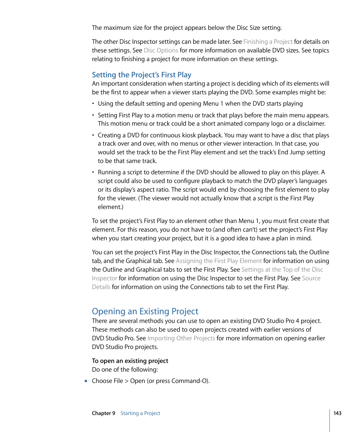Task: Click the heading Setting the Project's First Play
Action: pos(142,75)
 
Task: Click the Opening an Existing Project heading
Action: pos(145,311)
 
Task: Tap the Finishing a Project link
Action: pos(268,42)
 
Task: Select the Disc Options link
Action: pos(161,50)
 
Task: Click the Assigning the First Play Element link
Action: pos(218,261)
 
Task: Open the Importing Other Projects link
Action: pos(181,338)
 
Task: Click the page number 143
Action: pos(337,413)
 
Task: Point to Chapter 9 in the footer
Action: pos(103,413)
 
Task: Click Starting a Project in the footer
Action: pos(140,413)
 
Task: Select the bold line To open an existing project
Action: pos(130,361)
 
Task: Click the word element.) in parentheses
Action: pos(110,207)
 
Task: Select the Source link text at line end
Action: pos(311,278)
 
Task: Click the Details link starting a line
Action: pos(101,287)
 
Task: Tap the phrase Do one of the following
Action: pos(125,369)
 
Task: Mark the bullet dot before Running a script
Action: pos(94,172)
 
